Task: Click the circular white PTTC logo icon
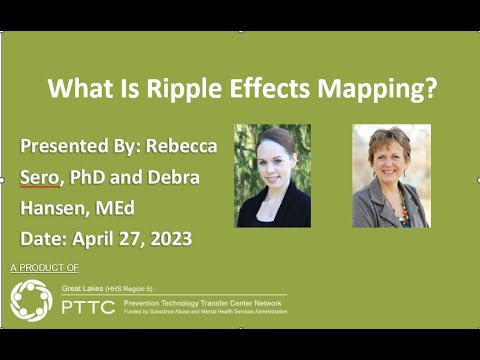[30, 301]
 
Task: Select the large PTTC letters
[88, 306]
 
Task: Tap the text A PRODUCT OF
[44, 269]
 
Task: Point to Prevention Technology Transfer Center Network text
[204, 302]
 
